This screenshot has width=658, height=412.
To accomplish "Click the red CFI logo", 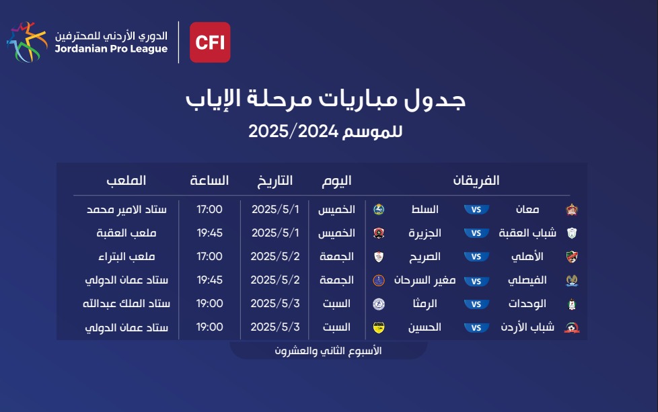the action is (210, 42).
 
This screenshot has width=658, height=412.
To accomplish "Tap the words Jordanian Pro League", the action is (111, 49).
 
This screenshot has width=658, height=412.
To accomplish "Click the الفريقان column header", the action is (476, 181).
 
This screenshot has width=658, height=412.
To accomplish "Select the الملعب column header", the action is (126, 181).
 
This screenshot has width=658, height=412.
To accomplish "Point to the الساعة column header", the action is (209, 181).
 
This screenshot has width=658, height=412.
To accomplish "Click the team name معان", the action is (527, 209).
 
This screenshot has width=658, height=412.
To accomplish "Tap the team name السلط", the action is (425, 209).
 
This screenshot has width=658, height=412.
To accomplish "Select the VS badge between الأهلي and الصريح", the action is (476, 257).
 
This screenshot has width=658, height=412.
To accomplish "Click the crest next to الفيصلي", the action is (572, 280).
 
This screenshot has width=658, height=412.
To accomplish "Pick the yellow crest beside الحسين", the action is (379, 327).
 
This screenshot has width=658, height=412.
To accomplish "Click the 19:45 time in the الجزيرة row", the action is (210, 233).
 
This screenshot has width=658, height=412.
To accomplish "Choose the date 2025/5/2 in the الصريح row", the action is (275, 257).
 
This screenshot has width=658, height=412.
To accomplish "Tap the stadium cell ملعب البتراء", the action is (126, 257).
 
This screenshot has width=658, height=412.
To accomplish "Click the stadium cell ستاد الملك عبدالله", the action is (126, 303).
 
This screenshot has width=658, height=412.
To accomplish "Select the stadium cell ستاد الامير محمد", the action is (126, 209).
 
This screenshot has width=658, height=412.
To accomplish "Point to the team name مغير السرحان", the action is (425, 280).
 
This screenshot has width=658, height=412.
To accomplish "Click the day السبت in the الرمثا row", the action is (336, 303).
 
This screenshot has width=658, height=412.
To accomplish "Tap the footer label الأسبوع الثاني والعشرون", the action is (328, 351).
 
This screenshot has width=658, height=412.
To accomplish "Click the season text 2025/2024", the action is (293, 131).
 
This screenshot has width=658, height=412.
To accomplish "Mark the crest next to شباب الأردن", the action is (572, 327).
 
